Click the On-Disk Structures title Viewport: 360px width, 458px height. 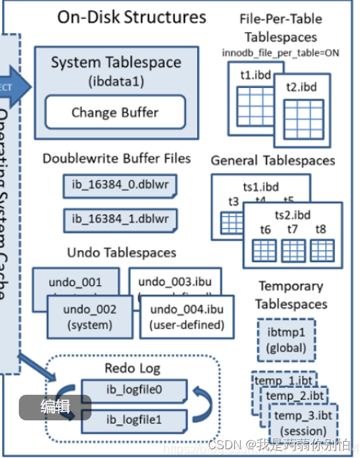(131, 17)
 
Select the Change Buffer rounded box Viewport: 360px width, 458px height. (115, 112)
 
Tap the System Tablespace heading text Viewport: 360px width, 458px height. (116, 63)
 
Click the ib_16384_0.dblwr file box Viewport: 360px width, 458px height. (120, 184)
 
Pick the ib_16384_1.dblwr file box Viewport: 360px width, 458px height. (120, 219)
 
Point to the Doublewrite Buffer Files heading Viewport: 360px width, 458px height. (116, 159)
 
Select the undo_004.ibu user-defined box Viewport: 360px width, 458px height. (186, 317)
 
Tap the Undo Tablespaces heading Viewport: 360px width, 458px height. (121, 253)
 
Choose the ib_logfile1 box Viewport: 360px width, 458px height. (135, 420)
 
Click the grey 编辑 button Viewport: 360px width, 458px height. (55, 406)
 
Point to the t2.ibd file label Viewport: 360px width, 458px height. (301, 87)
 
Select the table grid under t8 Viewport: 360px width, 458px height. (320, 250)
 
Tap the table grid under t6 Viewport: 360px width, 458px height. (264, 250)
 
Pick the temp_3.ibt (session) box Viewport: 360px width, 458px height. (302, 422)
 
